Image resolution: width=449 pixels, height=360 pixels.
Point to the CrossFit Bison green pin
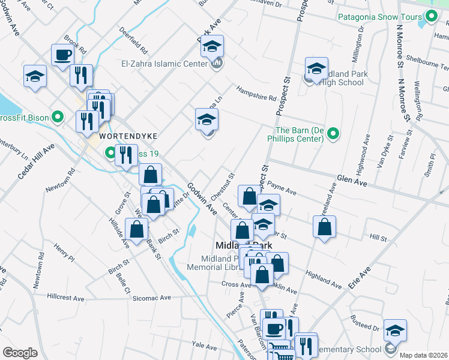point(58,116)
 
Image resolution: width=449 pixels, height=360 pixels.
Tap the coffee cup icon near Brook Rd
point(62,55)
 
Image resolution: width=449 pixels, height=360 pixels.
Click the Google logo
point(20,353)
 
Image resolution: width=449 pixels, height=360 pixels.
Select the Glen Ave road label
point(351,179)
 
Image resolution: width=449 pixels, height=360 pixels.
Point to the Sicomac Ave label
point(150,298)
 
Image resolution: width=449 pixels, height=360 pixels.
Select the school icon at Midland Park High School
point(316,68)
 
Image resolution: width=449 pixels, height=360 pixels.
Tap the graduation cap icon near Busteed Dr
point(394,331)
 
